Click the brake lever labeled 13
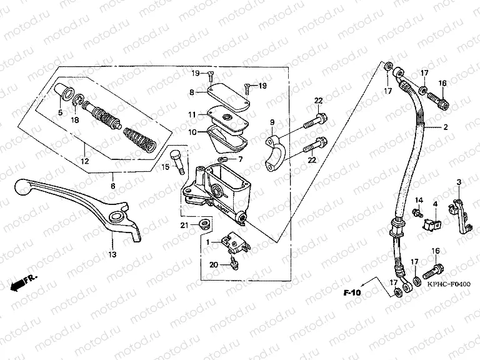(81, 199)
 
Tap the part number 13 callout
(112, 254)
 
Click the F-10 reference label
(352, 292)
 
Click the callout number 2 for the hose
(446, 127)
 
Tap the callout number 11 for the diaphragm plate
(193, 115)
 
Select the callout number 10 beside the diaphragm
(193, 132)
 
